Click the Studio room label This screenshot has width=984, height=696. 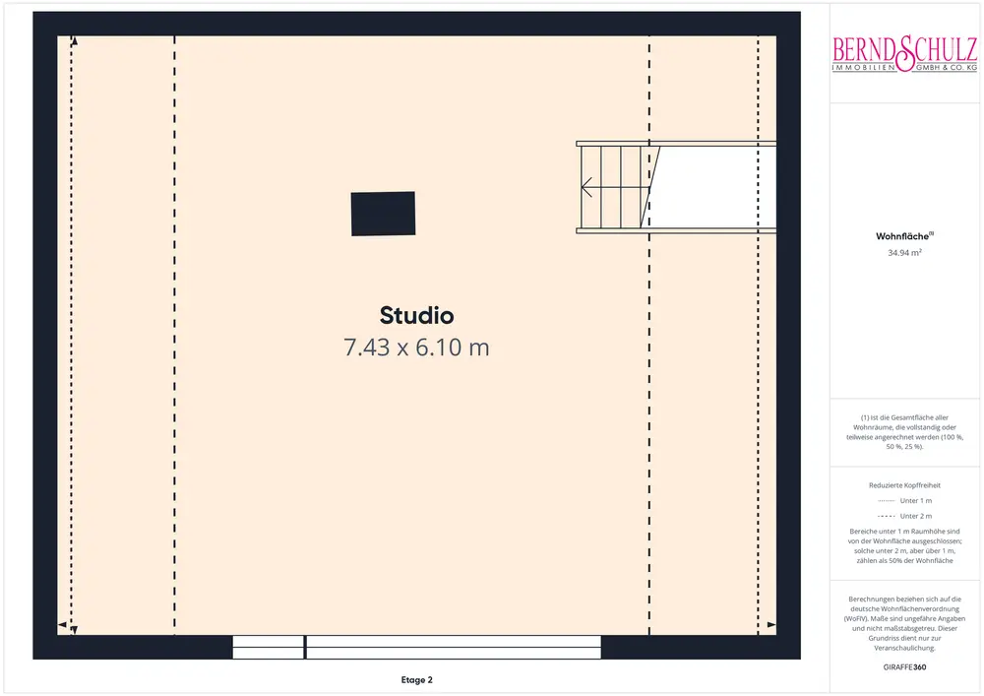(x=416, y=315)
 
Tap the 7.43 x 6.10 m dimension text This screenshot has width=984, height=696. (x=416, y=348)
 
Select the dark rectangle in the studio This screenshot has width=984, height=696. (x=383, y=214)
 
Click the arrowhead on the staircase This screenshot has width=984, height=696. (x=586, y=187)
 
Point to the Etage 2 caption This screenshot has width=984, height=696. (x=416, y=679)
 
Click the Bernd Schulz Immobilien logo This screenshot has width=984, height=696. (x=904, y=54)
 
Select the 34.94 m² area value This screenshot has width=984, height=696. (x=904, y=252)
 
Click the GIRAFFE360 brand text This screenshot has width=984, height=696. (x=904, y=667)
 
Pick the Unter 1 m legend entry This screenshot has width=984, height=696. (x=904, y=501)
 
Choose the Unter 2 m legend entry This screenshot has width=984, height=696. (x=904, y=516)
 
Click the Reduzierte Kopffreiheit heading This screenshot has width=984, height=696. (x=904, y=485)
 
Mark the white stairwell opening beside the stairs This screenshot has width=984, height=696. (x=712, y=187)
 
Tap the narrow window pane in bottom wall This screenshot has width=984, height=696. (x=268, y=647)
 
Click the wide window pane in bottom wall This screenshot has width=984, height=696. (x=453, y=647)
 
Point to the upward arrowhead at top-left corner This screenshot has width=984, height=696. (x=74, y=41)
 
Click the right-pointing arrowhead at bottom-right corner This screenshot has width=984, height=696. (x=771, y=625)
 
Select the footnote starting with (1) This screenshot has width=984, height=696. (x=904, y=432)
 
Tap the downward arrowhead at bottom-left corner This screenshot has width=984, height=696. (x=74, y=629)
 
